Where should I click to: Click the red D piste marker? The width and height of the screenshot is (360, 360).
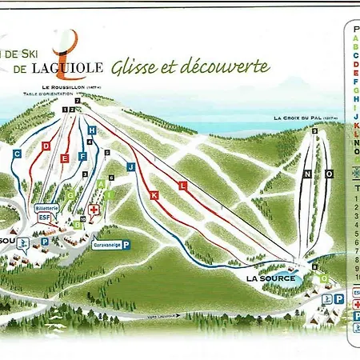(x=46, y=146)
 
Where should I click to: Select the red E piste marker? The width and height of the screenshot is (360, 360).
(x=64, y=158)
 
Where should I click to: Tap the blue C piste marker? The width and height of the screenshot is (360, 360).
(x=17, y=153)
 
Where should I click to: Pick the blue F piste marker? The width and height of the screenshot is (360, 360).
(x=82, y=156)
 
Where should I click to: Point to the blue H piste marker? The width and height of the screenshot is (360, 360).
(x=92, y=130)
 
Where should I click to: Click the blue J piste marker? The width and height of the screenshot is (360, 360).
(x=130, y=166)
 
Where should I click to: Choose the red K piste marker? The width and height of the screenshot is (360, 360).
(x=153, y=194)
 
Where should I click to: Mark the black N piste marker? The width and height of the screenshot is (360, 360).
(x=307, y=173)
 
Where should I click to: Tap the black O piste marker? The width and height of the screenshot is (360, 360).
(x=328, y=173)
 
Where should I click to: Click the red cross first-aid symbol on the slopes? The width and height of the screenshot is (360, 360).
(x=94, y=210)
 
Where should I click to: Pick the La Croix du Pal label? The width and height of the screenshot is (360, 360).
(x=305, y=118)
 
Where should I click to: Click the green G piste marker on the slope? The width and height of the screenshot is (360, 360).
(x=70, y=194)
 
